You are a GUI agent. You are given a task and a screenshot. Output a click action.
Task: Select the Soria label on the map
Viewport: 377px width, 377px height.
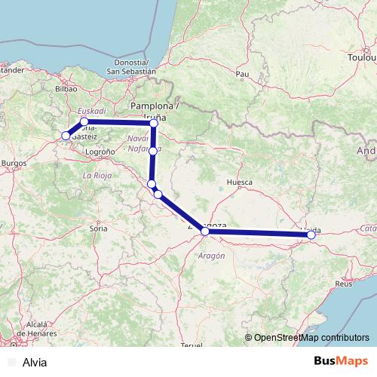click(x=99, y=227)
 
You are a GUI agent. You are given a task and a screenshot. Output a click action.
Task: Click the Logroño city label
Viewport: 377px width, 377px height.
click(x=100, y=152)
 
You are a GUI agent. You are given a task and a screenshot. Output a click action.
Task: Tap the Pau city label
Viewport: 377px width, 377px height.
click(x=242, y=74)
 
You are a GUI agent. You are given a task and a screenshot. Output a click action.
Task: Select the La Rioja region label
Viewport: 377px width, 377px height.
click(x=97, y=176)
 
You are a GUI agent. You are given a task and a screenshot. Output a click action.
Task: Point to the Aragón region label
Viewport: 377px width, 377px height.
click(x=213, y=256)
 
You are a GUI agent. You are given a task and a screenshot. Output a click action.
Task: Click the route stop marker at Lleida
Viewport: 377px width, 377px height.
click(x=311, y=235)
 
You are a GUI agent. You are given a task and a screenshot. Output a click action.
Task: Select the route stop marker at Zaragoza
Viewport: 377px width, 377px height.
click(x=205, y=231)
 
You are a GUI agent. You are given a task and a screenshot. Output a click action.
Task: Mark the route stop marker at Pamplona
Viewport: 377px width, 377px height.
click(x=154, y=122)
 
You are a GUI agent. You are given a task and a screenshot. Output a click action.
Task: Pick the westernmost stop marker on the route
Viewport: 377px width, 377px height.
click(x=66, y=136)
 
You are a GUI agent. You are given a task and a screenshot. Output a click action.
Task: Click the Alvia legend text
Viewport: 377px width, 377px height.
click(x=35, y=362)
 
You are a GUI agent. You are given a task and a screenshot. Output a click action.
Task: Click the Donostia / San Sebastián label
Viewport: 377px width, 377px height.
click(x=131, y=66)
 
